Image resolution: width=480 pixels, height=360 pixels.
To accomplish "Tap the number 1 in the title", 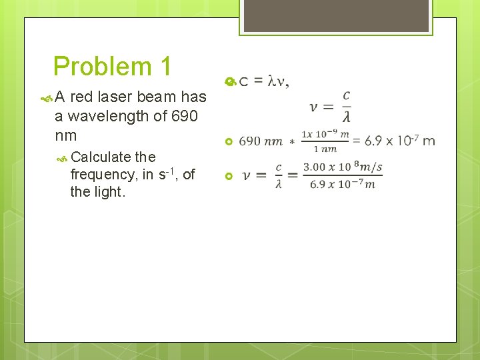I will tap(164, 67).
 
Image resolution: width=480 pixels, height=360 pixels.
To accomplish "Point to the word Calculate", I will tap(101, 157).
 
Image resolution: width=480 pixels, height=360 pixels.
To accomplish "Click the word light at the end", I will tap(110, 192).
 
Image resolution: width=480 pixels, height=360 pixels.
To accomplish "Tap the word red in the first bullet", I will tap(81, 97).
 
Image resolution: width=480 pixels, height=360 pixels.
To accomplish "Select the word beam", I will tap(157, 97).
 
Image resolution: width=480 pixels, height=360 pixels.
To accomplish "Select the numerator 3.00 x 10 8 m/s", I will tap(342, 167).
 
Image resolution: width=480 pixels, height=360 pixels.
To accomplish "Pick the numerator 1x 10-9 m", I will tap(325, 134).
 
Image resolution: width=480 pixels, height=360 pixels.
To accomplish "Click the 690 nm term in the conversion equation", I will tap(260, 141).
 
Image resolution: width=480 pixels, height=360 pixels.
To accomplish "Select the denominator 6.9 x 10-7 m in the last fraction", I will tap(342, 184).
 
